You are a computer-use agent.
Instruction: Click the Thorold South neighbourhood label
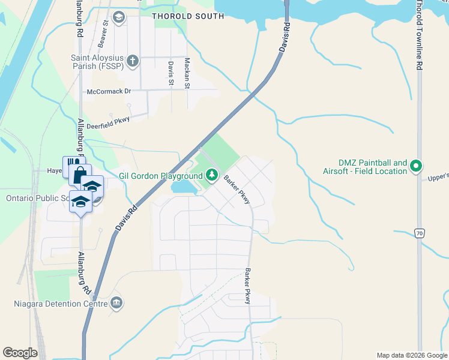pyautogui.click(x=188, y=16)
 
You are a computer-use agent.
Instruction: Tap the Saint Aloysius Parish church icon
pyautogui.click(x=133, y=61)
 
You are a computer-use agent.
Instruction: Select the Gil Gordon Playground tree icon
pyautogui.click(x=211, y=175)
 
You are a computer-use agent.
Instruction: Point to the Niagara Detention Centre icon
pyautogui.click(x=116, y=303)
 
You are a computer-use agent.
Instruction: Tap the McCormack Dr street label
pyautogui.click(x=109, y=91)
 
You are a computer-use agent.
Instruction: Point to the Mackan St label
pyautogui.click(x=187, y=73)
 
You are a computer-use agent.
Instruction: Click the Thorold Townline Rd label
pyautogui.click(x=419, y=36)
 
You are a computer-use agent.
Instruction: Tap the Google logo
pyautogui.click(x=20, y=353)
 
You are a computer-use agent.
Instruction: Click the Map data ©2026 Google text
pyautogui.click(x=411, y=355)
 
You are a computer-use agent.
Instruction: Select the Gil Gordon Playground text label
pyautogui.click(x=160, y=176)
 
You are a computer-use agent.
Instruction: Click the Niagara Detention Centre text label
pyautogui.click(x=60, y=303)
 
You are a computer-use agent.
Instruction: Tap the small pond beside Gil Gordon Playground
pyautogui.click(x=184, y=188)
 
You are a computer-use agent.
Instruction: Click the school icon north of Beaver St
pyautogui.click(x=119, y=17)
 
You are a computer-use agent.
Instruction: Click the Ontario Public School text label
pyautogui.click(x=36, y=198)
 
